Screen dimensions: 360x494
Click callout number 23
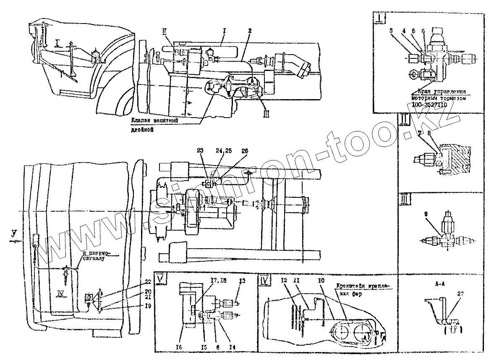click(x=199, y=150)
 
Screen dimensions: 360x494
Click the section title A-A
click(x=439, y=284)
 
